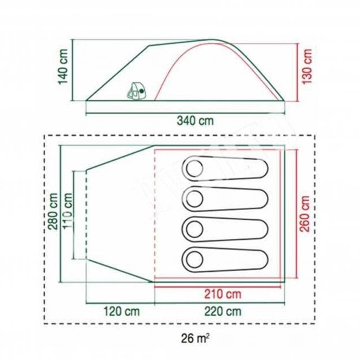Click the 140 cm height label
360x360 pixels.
coord(63,67)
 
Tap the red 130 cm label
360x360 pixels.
coord(307,67)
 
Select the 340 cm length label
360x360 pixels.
coord(195,121)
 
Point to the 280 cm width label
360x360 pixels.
coord(53,211)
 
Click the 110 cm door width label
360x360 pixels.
coord(68,211)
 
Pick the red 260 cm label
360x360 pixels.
coord(305,214)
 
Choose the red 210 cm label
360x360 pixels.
coord(223,294)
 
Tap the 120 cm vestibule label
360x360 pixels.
coord(121,312)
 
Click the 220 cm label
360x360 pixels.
coord(223,312)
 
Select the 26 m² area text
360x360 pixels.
coord(195,338)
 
